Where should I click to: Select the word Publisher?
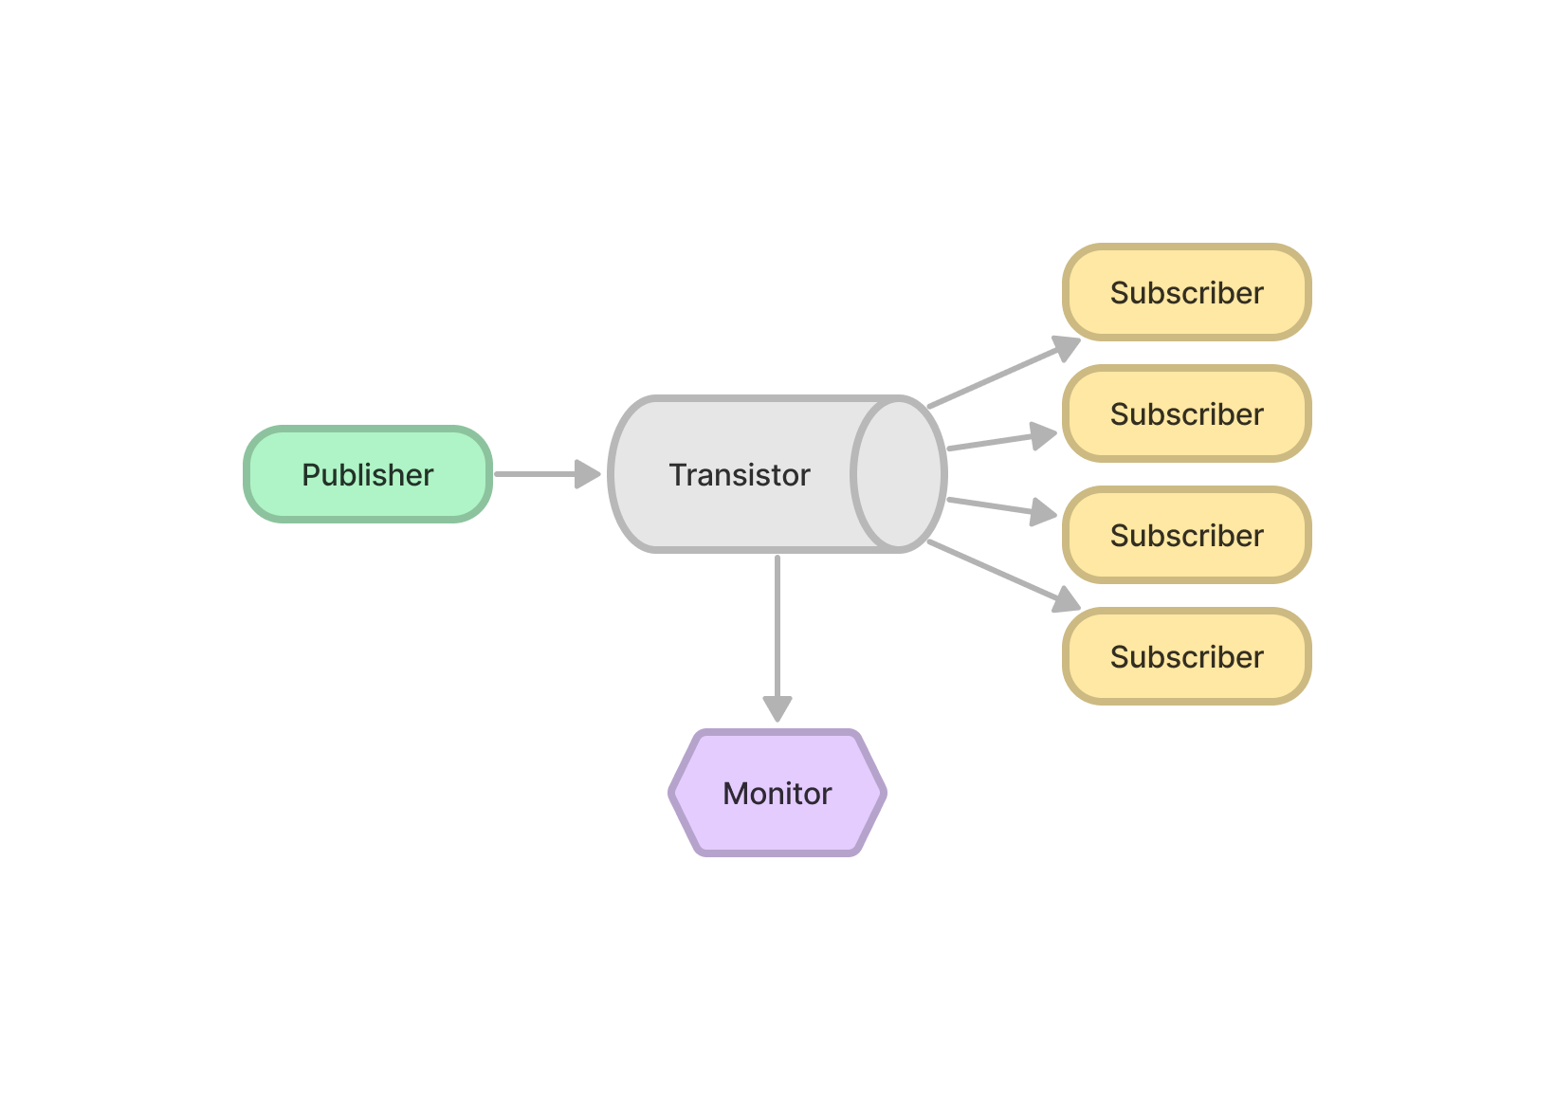click(368, 475)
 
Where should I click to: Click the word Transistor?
click(740, 475)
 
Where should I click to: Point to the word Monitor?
click(777, 794)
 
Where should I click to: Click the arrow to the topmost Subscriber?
click(996, 376)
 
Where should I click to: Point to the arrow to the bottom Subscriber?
click(996, 572)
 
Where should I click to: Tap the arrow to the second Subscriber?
click(996, 442)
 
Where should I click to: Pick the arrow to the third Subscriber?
click(996, 505)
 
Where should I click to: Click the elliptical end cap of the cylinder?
click(899, 474)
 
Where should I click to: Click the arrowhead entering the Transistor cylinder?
click(588, 474)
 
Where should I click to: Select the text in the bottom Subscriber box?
click(1186, 657)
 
